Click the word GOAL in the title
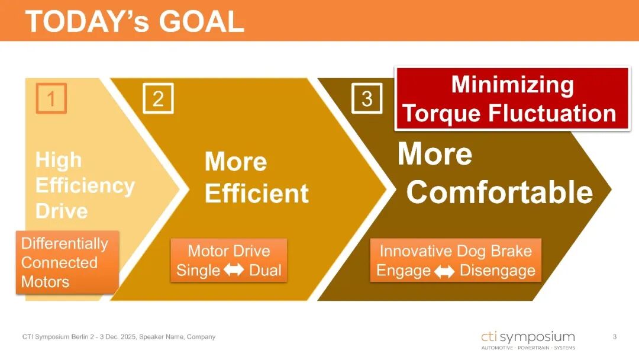tap(201, 21)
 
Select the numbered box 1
tap(51, 98)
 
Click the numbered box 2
tap(158, 98)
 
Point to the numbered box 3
tap(367, 98)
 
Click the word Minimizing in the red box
tap(512, 85)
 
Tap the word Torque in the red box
tap(442, 113)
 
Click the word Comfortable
tap(499, 192)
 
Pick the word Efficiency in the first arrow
tap(85, 186)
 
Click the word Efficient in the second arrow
tap(257, 193)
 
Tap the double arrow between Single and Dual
tap(234, 269)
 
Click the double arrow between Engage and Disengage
tap(444, 271)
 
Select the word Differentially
tap(65, 243)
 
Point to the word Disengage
tap(498, 271)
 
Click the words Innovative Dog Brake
tap(456, 250)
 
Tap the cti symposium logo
tap(528, 340)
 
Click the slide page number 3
tap(615, 337)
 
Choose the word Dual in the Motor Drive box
tap(265, 270)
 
